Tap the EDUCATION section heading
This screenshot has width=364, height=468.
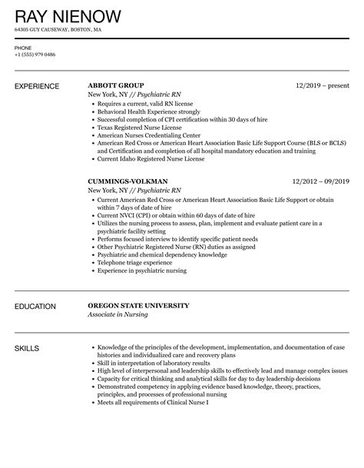tap(35, 307)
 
